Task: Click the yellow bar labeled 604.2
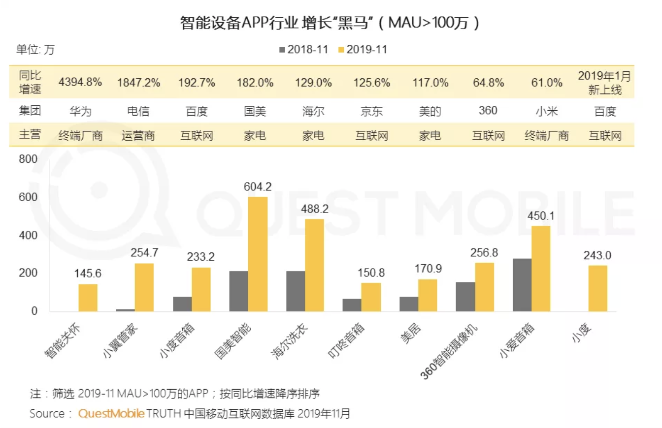click(x=258, y=254)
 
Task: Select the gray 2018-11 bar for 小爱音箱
click(x=522, y=285)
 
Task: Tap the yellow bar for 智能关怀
click(x=88, y=298)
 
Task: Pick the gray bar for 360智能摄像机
click(x=465, y=297)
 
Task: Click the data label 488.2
click(x=314, y=209)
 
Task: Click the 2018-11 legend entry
click(x=304, y=49)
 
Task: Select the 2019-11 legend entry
click(x=363, y=49)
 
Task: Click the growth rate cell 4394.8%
click(x=80, y=82)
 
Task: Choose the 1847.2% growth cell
click(x=138, y=82)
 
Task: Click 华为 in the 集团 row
click(x=81, y=112)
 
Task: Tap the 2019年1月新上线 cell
click(x=604, y=82)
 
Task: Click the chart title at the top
click(x=330, y=23)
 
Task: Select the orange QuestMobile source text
click(x=111, y=413)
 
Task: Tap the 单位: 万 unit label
click(x=35, y=49)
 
